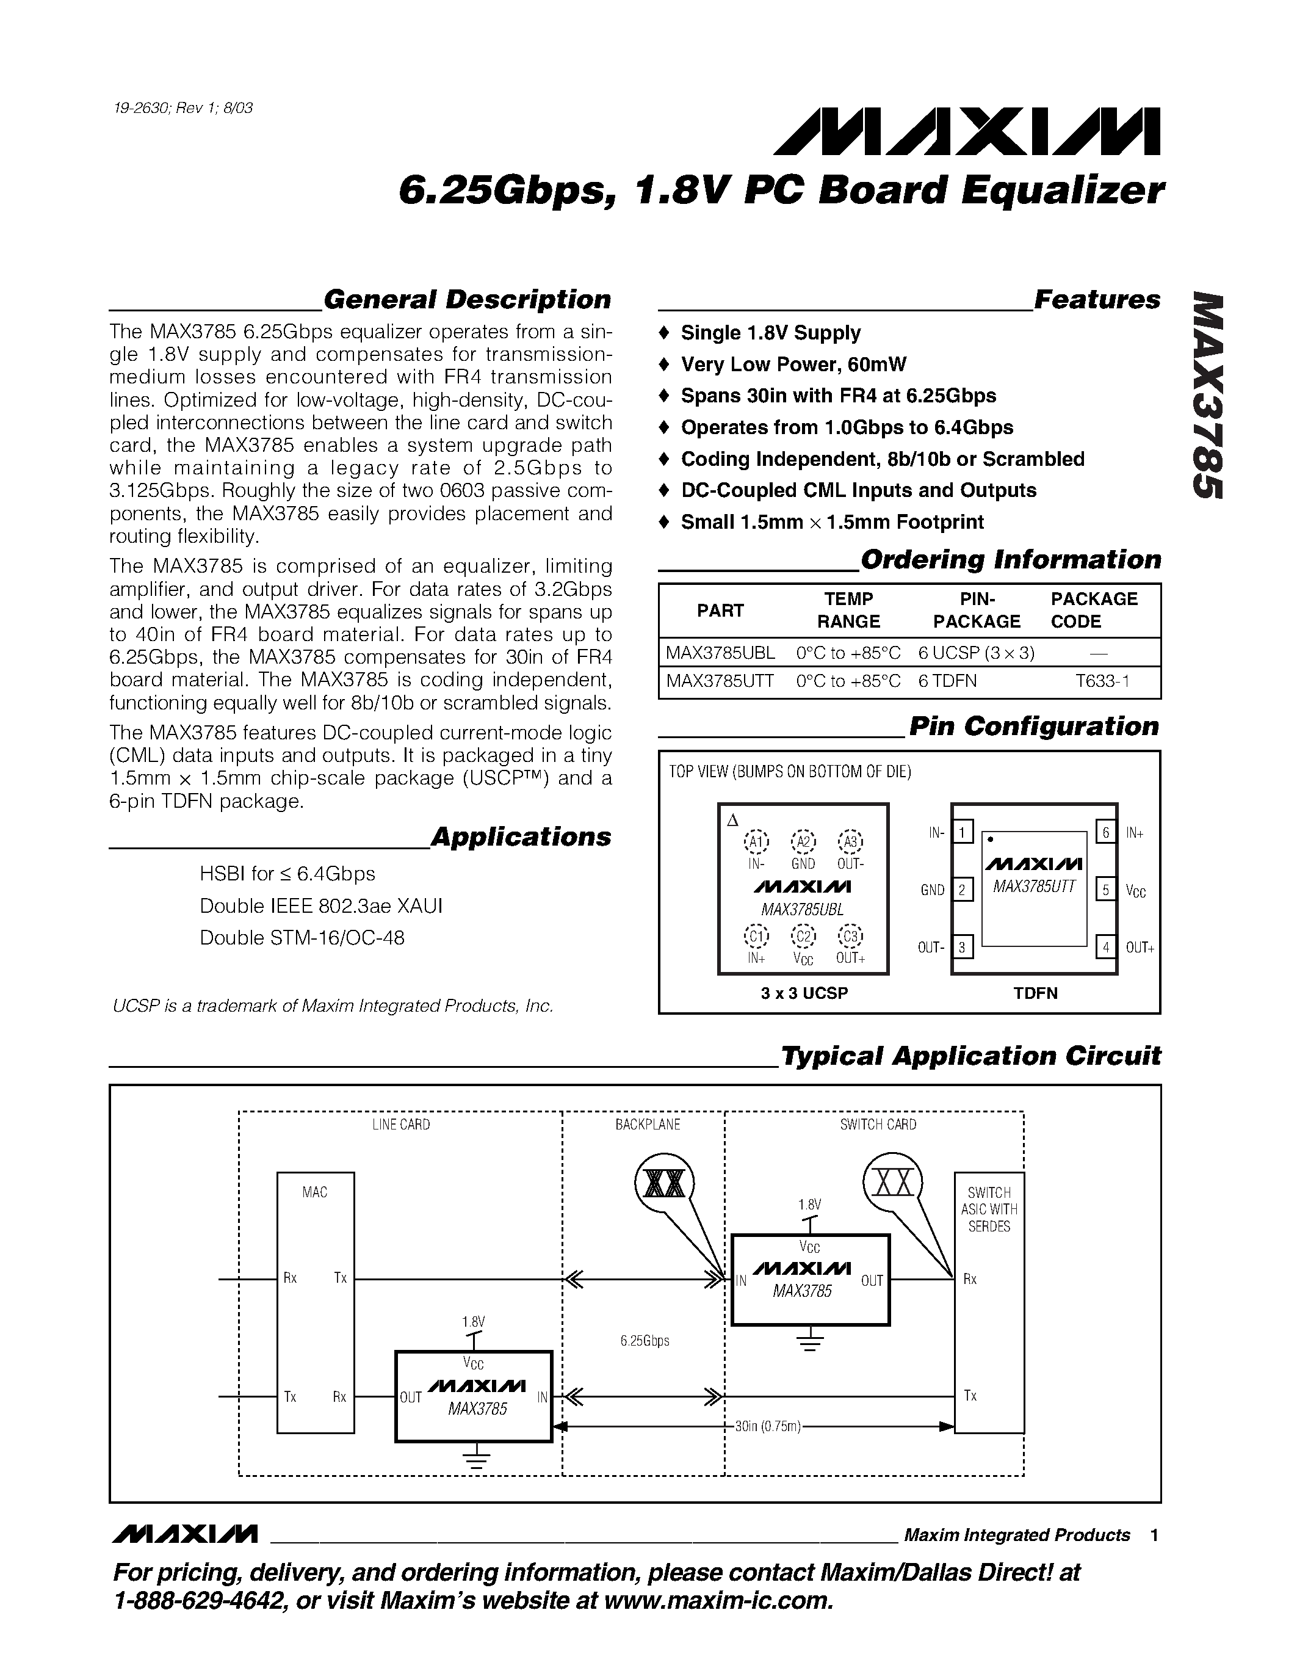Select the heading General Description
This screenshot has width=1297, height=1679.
coord(467,299)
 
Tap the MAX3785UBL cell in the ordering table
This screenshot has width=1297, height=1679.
coord(720,653)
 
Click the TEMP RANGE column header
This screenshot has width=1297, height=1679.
coord(848,610)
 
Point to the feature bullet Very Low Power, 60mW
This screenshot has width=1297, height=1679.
coord(793,364)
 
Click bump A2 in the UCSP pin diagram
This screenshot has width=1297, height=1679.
coord(804,842)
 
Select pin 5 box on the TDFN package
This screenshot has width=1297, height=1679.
coord(1105,890)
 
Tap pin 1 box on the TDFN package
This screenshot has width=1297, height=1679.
coord(962,832)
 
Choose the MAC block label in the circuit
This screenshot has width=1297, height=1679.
coord(315,1192)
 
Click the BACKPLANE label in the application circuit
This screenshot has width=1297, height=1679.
coord(647,1125)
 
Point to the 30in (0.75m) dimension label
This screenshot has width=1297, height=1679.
coord(768,1427)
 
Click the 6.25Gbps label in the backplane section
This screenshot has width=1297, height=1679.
coord(645,1341)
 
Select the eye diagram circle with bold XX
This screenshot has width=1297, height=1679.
coord(665,1184)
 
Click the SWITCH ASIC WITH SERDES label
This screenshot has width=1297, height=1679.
coord(989,1209)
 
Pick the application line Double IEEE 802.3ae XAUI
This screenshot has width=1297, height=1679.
coord(321,905)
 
